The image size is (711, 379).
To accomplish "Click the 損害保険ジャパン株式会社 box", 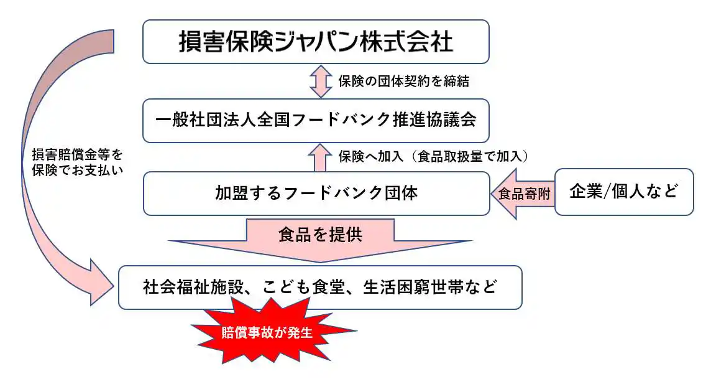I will (316, 42).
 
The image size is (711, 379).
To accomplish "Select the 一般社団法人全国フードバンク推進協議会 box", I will (316, 120).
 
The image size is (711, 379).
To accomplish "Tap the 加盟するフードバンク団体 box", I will (316, 193).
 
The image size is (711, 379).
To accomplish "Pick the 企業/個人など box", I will (623, 192).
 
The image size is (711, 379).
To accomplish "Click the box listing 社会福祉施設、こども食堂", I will (320, 288).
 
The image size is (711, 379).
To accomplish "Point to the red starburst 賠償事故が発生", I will (270, 332).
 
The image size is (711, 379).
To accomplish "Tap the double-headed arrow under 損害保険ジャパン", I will (321, 82).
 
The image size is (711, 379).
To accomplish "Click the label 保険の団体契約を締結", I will (403, 81).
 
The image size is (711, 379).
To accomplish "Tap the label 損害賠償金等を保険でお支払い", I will (76, 161).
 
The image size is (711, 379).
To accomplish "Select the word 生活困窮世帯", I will (420, 288).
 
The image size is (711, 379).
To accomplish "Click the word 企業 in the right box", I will (586, 192).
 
